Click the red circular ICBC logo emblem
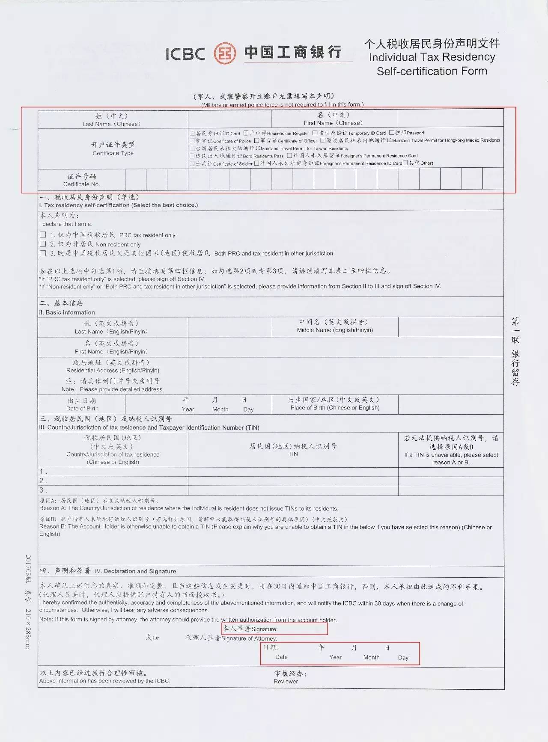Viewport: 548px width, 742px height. (225, 53)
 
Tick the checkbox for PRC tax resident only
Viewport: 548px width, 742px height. (43, 234)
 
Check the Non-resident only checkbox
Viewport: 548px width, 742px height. (43, 244)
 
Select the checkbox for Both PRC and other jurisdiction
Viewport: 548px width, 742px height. (43, 253)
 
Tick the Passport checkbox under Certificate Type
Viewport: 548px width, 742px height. (391, 133)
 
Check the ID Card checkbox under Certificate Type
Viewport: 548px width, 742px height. (192, 134)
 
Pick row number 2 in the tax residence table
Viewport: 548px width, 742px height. (42, 481)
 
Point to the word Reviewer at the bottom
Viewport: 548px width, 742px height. (286, 682)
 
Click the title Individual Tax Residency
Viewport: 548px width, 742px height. (432, 57)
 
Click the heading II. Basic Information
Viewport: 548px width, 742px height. (67, 312)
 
